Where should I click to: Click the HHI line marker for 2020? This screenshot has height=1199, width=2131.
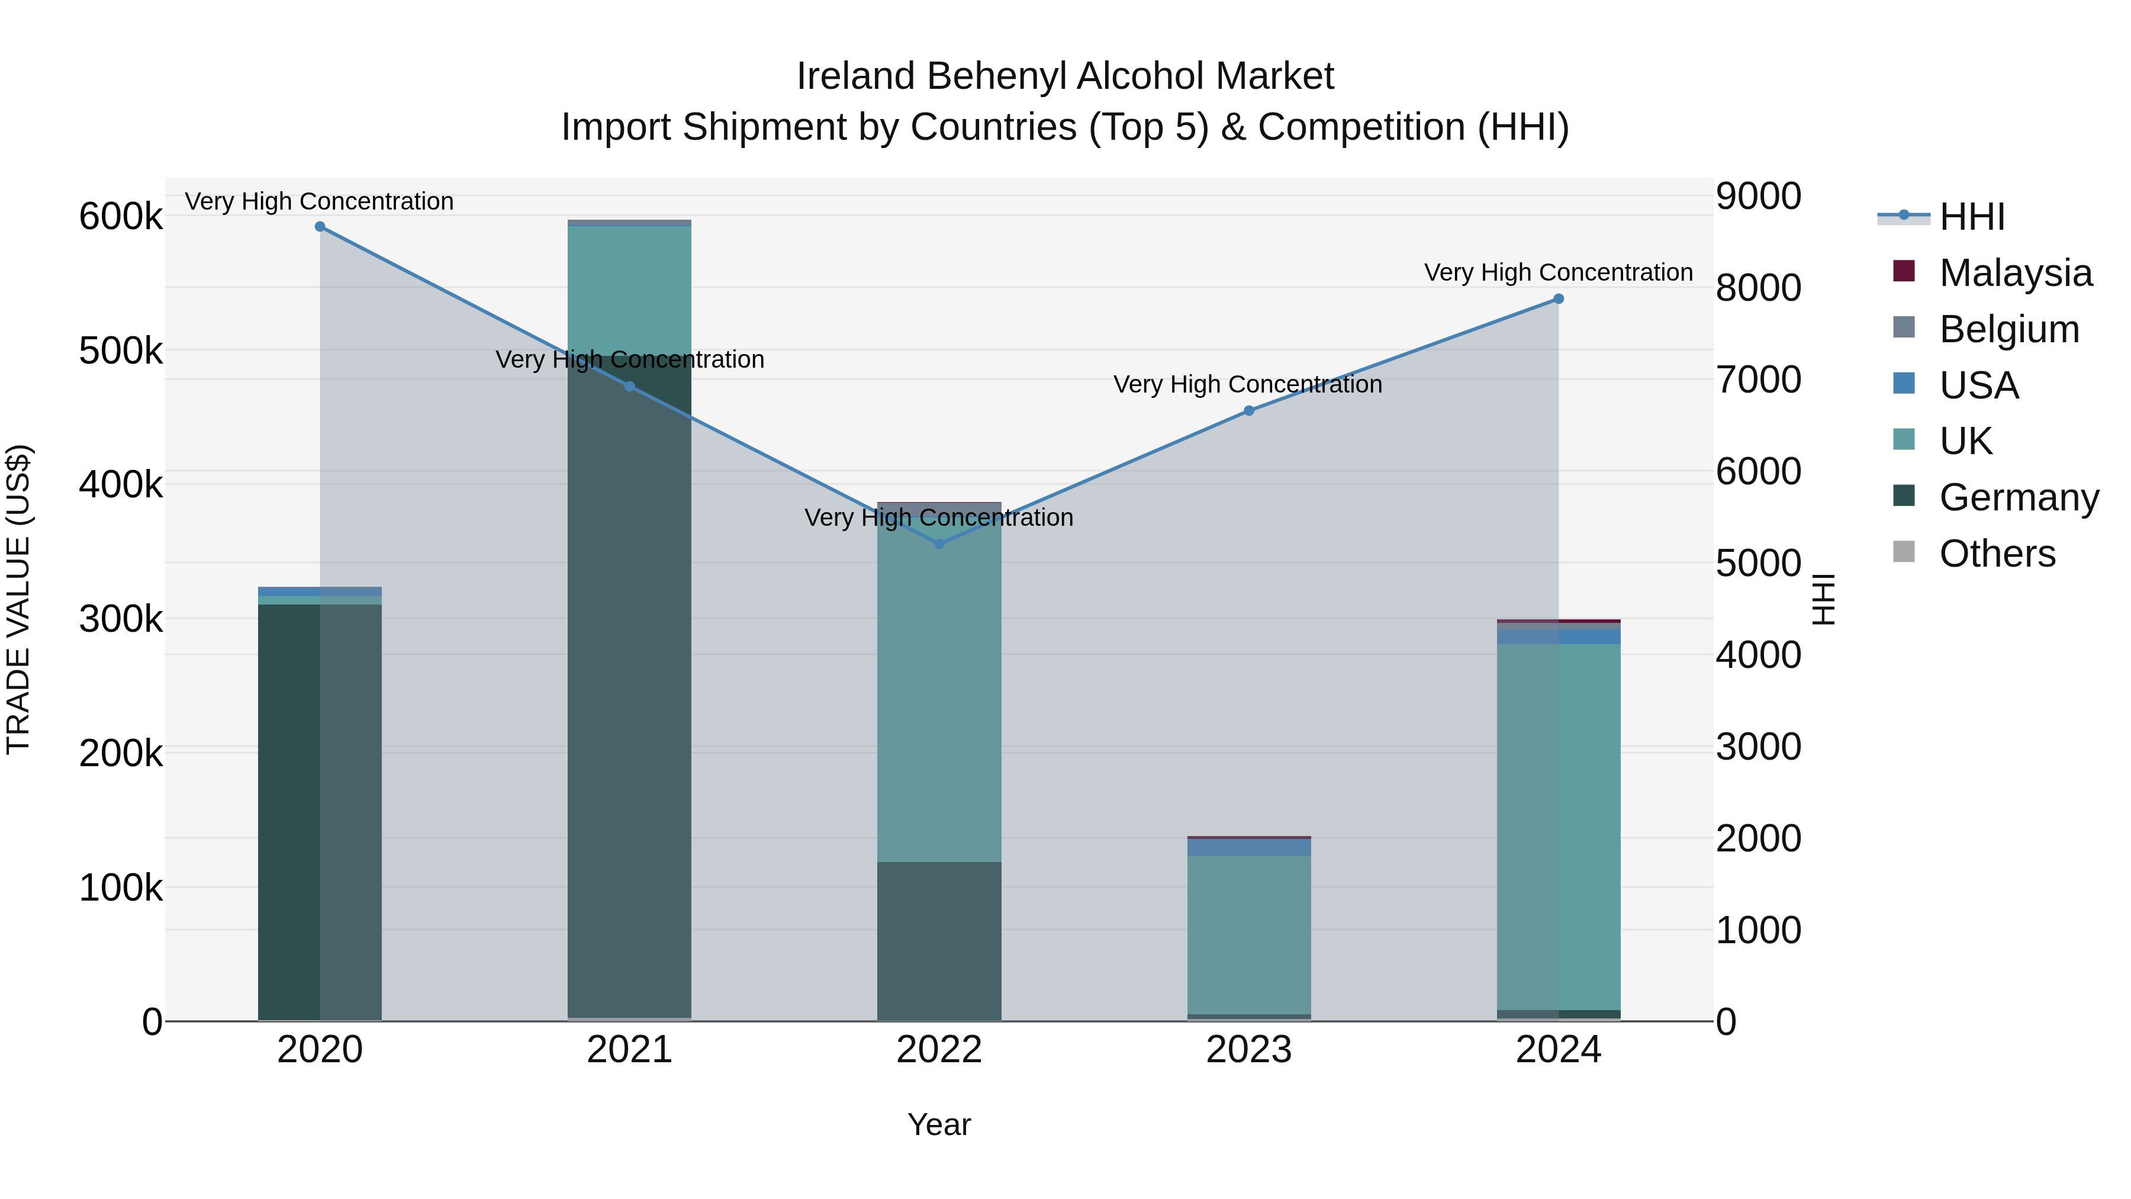(x=320, y=227)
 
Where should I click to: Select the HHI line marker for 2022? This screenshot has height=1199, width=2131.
(x=939, y=544)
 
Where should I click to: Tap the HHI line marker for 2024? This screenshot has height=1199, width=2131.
(x=1559, y=299)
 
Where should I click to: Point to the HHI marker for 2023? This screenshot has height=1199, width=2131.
(x=1249, y=410)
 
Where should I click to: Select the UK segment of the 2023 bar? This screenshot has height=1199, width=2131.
(x=1249, y=935)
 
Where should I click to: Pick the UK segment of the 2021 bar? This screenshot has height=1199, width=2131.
(x=630, y=290)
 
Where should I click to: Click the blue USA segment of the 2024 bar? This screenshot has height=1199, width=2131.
(x=1559, y=637)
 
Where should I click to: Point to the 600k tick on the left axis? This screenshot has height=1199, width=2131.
(x=121, y=217)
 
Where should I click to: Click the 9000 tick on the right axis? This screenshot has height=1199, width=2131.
(x=1758, y=197)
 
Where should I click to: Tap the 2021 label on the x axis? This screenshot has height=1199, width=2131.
(x=630, y=1050)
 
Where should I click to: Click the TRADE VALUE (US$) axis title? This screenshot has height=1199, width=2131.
(x=18, y=599)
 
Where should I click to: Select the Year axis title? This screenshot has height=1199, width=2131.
(x=939, y=1124)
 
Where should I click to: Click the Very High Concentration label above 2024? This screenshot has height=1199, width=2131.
(x=1559, y=272)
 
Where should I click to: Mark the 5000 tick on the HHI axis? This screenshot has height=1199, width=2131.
(x=1758, y=564)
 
